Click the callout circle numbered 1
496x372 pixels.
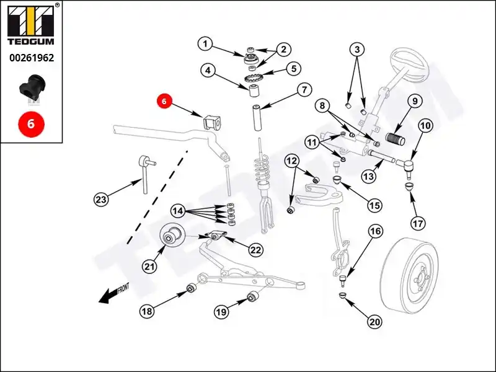pyautogui.click(x=205, y=44)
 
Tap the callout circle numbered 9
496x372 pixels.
pyautogui.click(x=414, y=101)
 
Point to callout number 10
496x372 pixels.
pyautogui.click(x=425, y=126)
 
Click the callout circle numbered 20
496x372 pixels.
pyautogui.click(x=374, y=321)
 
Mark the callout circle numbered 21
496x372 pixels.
pyautogui.click(x=149, y=267)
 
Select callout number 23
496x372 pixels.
pyautogui.click(x=101, y=199)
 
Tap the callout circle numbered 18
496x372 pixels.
pyautogui.click(x=146, y=312)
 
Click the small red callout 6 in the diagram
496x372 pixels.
pyautogui.click(x=164, y=100)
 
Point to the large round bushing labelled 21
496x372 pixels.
pyautogui.click(x=173, y=236)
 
